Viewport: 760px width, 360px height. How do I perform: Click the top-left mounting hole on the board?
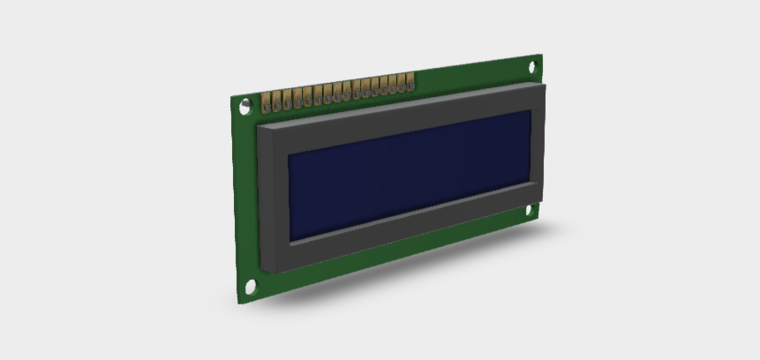pos(245,106)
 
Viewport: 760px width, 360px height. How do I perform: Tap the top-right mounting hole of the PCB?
pos(533,66)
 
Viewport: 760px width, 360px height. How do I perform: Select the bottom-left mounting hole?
pos(251,287)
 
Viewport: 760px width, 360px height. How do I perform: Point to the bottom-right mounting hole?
pos(532,210)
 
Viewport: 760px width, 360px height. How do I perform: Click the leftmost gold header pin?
pos(267,102)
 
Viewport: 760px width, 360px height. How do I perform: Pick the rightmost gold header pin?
pos(410,83)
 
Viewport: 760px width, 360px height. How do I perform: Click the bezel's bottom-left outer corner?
pos(262,269)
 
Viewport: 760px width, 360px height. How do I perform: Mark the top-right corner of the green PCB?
pos(541,56)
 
